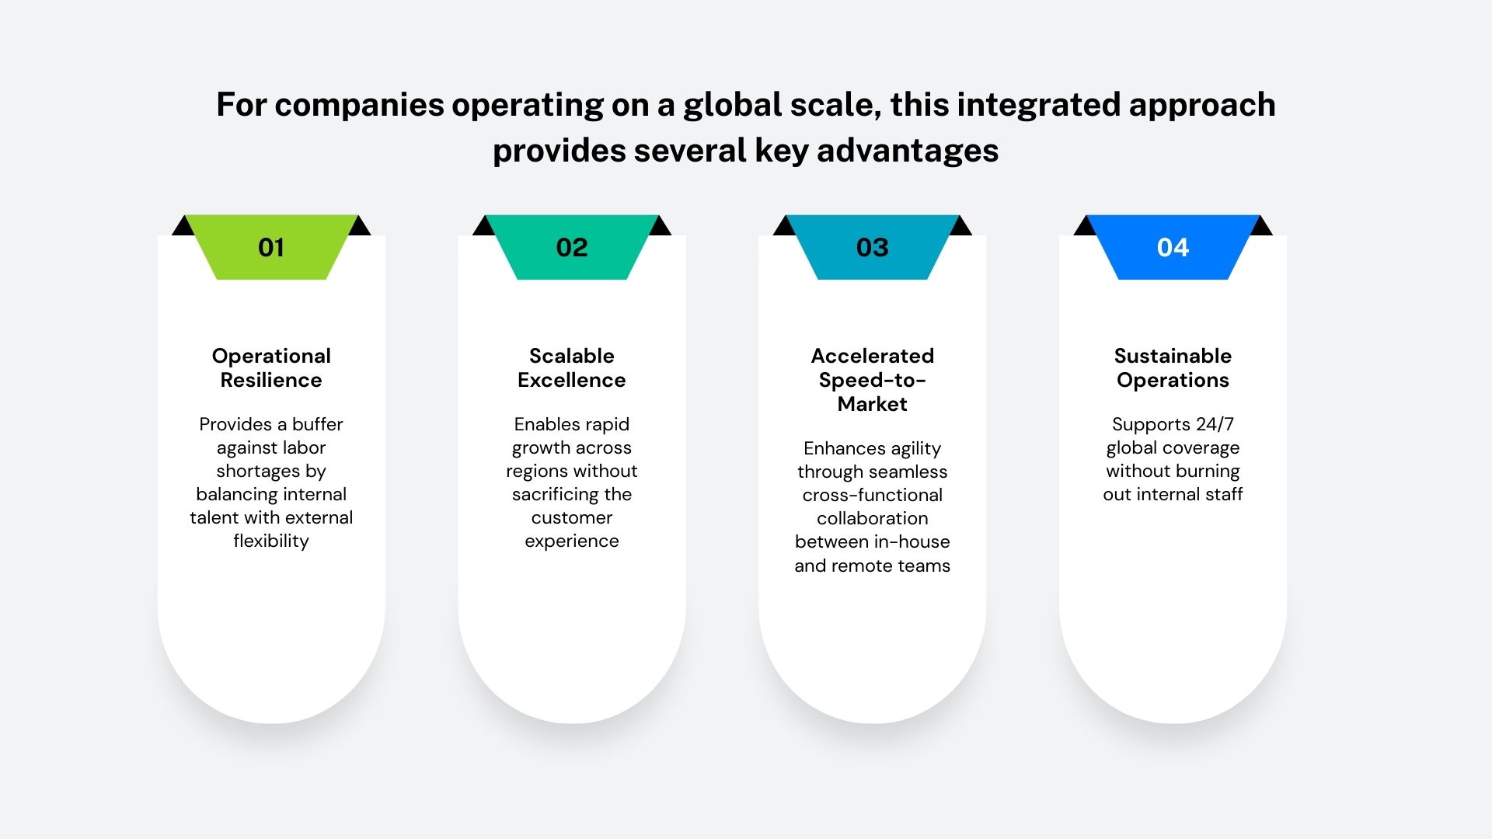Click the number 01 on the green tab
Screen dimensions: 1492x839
pos(271,248)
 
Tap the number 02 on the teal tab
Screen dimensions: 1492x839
pos(572,248)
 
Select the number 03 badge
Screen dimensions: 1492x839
pos(872,248)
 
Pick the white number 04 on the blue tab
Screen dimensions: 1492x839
pos(1173,248)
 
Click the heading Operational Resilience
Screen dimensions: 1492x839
pos(271,367)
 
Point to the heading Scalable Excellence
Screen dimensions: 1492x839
pos(572,367)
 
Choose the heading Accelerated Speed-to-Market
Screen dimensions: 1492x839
pos(872,380)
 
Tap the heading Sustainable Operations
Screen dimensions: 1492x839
pos(1173,367)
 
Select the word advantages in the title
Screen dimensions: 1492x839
pos(908,151)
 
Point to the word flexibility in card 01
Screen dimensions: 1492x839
pos(271,541)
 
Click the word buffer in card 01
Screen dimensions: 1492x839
pos(317,424)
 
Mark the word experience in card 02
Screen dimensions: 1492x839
pos(572,541)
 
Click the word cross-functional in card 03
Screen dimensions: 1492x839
pos(872,495)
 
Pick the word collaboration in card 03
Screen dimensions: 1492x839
pos(872,518)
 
